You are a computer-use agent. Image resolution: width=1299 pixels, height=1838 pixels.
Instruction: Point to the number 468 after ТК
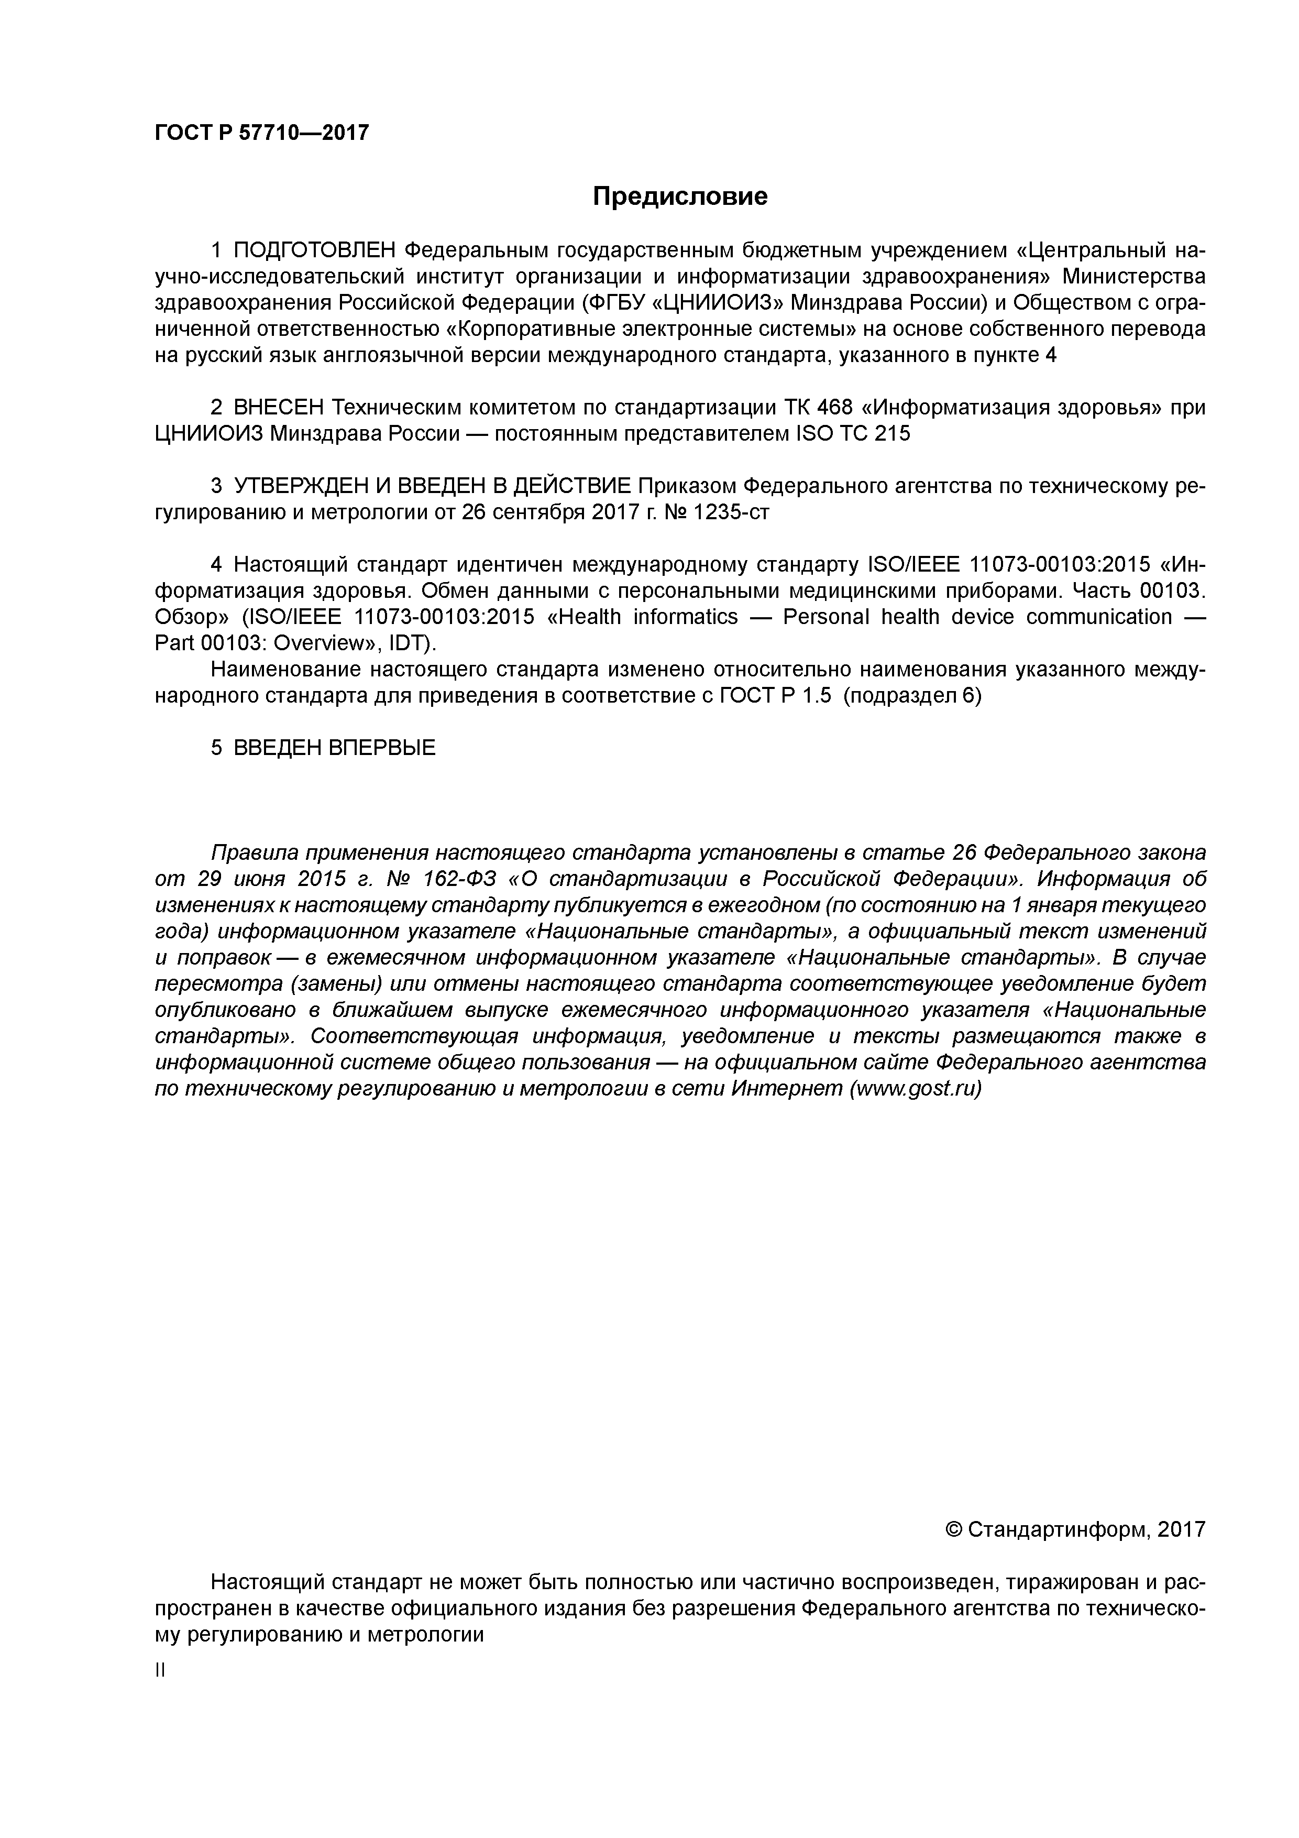coord(834,408)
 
